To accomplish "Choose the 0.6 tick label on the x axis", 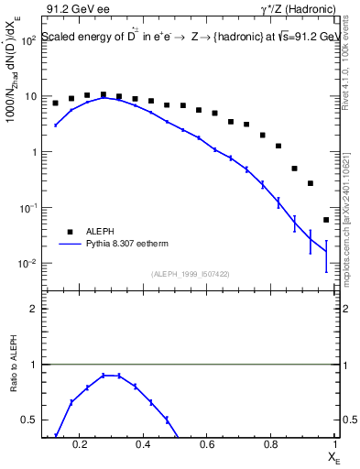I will pyautogui.click(x=207, y=445).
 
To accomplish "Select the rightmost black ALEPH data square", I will pyautogui.click(x=326, y=220).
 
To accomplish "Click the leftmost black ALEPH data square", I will pyautogui.click(x=56, y=103).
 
